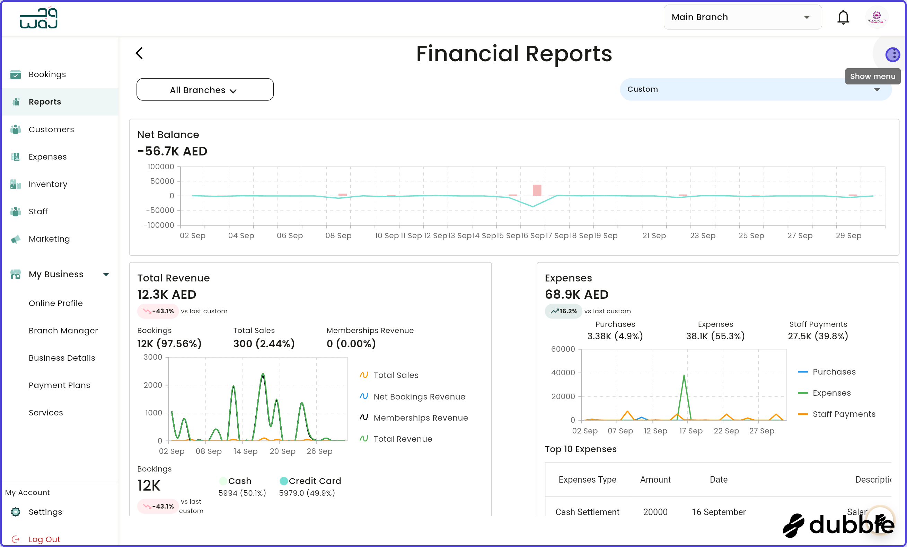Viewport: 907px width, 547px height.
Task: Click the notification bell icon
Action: pyautogui.click(x=843, y=17)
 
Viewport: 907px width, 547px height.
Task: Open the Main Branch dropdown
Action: pyautogui.click(x=742, y=17)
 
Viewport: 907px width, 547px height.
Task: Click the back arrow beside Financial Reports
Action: pyautogui.click(x=139, y=53)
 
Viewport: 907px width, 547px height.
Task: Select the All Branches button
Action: pyautogui.click(x=205, y=90)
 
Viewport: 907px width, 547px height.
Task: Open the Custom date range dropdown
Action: pyautogui.click(x=755, y=89)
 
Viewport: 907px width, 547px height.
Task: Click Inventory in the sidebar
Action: pyautogui.click(x=48, y=184)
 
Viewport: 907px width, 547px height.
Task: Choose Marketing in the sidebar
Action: pyautogui.click(x=49, y=239)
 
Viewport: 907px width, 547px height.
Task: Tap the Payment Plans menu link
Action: pyautogui.click(x=59, y=385)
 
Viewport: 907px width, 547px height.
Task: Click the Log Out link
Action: pyautogui.click(x=44, y=539)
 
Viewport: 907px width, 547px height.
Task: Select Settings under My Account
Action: pyautogui.click(x=45, y=512)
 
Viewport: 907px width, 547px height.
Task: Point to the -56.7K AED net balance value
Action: pyautogui.click(x=172, y=151)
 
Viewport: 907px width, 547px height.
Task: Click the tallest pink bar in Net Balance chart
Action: pyautogui.click(x=537, y=190)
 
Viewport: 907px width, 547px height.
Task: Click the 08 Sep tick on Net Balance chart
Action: pyautogui.click(x=338, y=235)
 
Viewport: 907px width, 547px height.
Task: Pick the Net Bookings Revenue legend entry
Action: pyautogui.click(x=419, y=396)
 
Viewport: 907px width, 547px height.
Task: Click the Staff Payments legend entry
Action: pyautogui.click(x=843, y=414)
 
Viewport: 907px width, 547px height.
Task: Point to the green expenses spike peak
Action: pyautogui.click(x=684, y=376)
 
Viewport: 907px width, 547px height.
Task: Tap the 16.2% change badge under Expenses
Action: pyautogui.click(x=564, y=311)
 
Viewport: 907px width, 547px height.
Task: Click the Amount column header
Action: pyautogui.click(x=655, y=479)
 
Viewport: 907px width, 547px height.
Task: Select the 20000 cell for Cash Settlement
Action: pyautogui.click(x=655, y=512)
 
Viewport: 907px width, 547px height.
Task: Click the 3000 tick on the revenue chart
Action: pyautogui.click(x=153, y=357)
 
